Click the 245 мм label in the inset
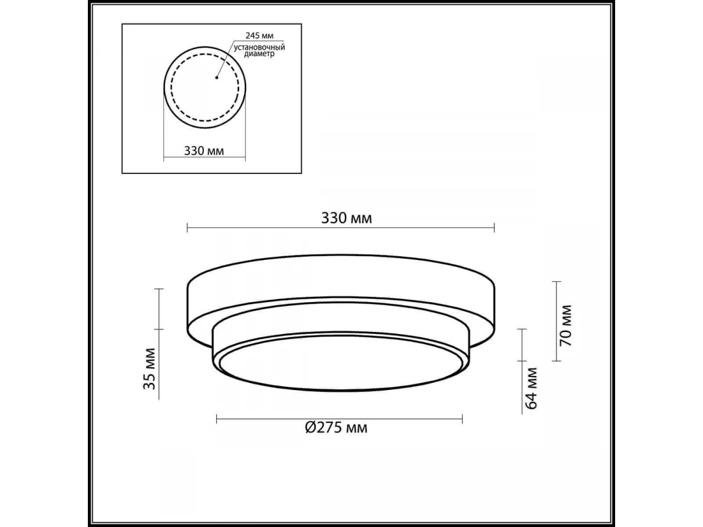[x=260, y=35]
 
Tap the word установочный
[x=260, y=47]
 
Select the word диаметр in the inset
[x=260, y=54]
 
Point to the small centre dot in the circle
[x=217, y=77]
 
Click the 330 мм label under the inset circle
[x=204, y=150]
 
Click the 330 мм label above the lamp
[x=347, y=218]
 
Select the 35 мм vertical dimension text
[x=149, y=369]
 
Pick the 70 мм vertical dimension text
[x=565, y=326]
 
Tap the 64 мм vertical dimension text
[x=531, y=388]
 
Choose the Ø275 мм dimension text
[x=336, y=427]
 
